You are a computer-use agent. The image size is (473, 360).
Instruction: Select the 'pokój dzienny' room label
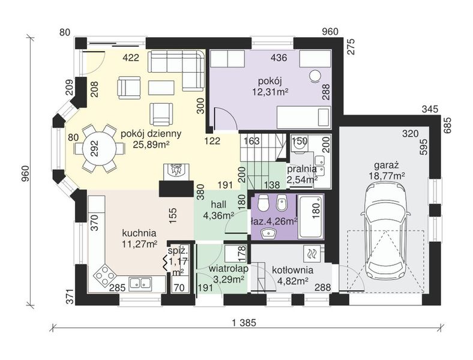point(151,134)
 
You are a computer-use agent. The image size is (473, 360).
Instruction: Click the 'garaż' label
point(387,165)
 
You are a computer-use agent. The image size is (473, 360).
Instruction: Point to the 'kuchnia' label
point(139,233)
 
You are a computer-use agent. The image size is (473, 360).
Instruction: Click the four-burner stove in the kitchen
point(104,274)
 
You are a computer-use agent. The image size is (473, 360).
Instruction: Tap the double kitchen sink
point(140,283)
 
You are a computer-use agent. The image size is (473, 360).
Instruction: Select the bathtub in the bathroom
point(311,217)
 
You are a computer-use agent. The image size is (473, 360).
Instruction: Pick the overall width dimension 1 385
point(244,323)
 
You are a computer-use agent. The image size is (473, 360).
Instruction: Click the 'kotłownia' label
point(292,270)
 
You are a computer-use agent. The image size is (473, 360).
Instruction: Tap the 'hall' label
point(218,205)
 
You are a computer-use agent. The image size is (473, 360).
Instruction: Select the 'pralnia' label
point(302,169)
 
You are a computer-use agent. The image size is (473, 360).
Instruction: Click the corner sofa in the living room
point(177,70)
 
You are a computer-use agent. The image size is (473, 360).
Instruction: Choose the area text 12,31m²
point(270,91)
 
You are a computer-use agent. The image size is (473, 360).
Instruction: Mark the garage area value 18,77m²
point(387,176)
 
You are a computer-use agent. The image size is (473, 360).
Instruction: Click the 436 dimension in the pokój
point(279,57)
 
